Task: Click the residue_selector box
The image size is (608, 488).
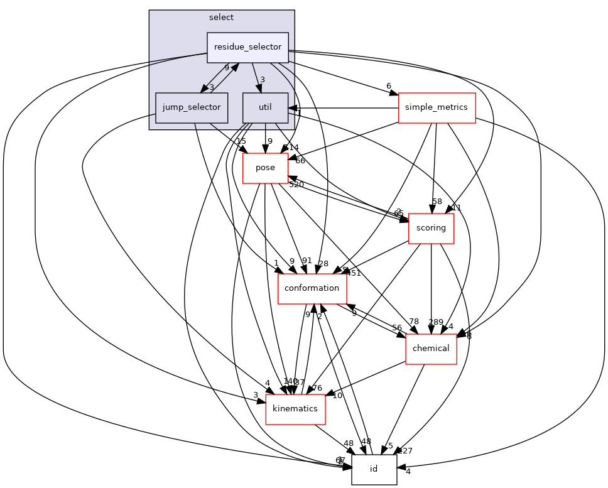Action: [247, 47]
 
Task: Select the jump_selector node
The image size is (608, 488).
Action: [191, 107]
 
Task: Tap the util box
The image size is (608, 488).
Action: [265, 107]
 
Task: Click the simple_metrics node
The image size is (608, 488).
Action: [437, 107]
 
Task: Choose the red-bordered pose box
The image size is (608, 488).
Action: [265, 168]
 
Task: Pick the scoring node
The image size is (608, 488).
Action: [431, 228]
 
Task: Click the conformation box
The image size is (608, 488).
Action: [312, 288]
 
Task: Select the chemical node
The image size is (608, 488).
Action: [431, 349]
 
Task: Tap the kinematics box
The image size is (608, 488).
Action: [295, 409]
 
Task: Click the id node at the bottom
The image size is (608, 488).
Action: [374, 469]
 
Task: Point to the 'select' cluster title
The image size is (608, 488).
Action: [221, 17]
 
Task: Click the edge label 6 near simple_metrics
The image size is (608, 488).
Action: [389, 86]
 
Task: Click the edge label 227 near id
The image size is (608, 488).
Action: [406, 450]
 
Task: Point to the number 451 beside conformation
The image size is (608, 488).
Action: [353, 273]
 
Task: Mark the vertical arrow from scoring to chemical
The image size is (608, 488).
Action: [431, 289]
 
